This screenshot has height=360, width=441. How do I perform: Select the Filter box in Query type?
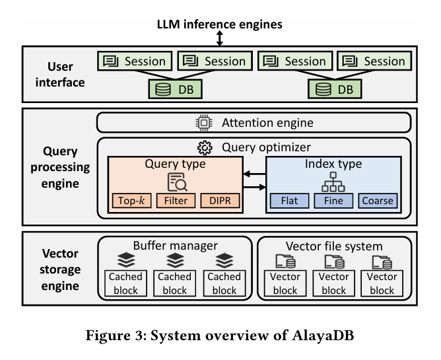coord(176,200)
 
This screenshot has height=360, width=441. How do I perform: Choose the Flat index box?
coord(288,200)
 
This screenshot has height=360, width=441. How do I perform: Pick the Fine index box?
coord(333,200)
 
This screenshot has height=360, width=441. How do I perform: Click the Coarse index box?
coord(378,200)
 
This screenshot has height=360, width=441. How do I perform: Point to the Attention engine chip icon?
coord(203,123)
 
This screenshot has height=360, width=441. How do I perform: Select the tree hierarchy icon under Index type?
coord(333,181)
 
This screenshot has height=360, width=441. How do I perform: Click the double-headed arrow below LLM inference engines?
coord(220,37)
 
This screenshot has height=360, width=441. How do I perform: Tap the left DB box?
coord(174,89)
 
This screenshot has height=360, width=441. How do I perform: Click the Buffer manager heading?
coord(175,246)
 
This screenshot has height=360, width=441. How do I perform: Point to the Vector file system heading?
coord(335,246)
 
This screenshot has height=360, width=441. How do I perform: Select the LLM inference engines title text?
coord(220,24)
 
